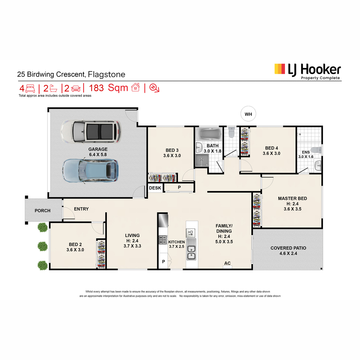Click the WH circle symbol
tap(248, 114)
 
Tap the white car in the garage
tap(91, 132)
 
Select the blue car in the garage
tap(90, 171)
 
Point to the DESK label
tap(155, 188)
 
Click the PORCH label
tap(42, 211)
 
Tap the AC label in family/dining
tap(227, 263)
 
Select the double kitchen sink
tap(191, 249)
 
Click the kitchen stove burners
tap(163, 240)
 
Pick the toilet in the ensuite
tap(317, 150)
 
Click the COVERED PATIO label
tap(288, 248)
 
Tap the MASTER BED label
tap(292, 198)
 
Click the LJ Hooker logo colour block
tap(280, 69)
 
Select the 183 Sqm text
tap(108, 88)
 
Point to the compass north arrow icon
tap(154, 88)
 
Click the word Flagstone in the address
tap(106, 74)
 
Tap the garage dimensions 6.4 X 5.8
tap(98, 154)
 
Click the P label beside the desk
tap(179, 187)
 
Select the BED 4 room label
tap(271, 148)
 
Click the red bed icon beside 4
tap(30, 88)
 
